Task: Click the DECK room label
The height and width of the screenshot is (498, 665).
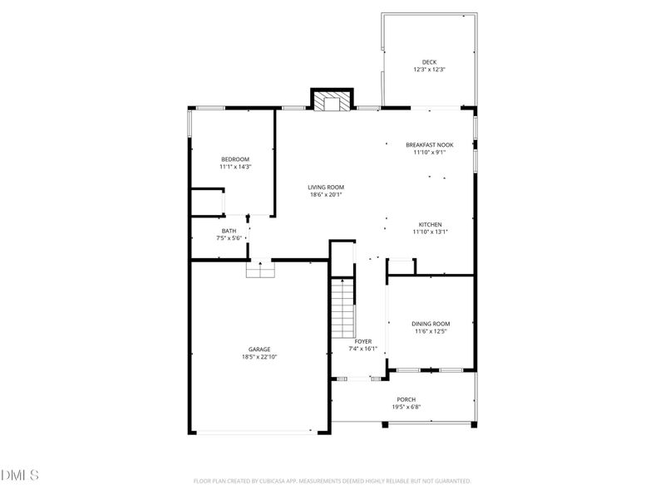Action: tap(429, 61)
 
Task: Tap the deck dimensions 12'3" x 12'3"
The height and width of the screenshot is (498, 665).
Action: tap(429, 70)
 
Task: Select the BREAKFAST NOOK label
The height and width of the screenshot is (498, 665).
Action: tap(430, 144)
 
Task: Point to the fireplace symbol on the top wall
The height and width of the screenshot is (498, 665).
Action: tap(332, 100)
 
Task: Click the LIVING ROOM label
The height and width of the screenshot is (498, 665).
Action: tap(327, 188)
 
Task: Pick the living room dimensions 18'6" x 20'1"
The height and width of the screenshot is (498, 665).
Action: tap(327, 196)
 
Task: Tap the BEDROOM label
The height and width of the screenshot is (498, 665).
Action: tap(234, 159)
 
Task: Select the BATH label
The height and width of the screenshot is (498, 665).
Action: tap(229, 231)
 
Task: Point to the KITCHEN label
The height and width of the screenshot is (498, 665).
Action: tap(430, 224)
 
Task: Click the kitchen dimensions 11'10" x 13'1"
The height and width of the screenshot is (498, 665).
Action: tap(430, 232)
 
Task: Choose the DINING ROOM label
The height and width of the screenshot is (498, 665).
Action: tap(431, 324)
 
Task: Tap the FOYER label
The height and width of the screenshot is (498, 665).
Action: tap(362, 341)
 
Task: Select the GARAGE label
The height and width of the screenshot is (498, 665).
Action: tap(259, 349)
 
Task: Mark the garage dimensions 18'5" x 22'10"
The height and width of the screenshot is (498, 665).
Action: tap(259, 357)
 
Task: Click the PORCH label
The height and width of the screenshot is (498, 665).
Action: tap(406, 399)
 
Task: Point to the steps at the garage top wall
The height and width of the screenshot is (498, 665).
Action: tap(260, 271)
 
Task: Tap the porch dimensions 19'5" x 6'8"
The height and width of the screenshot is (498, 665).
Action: tap(406, 408)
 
